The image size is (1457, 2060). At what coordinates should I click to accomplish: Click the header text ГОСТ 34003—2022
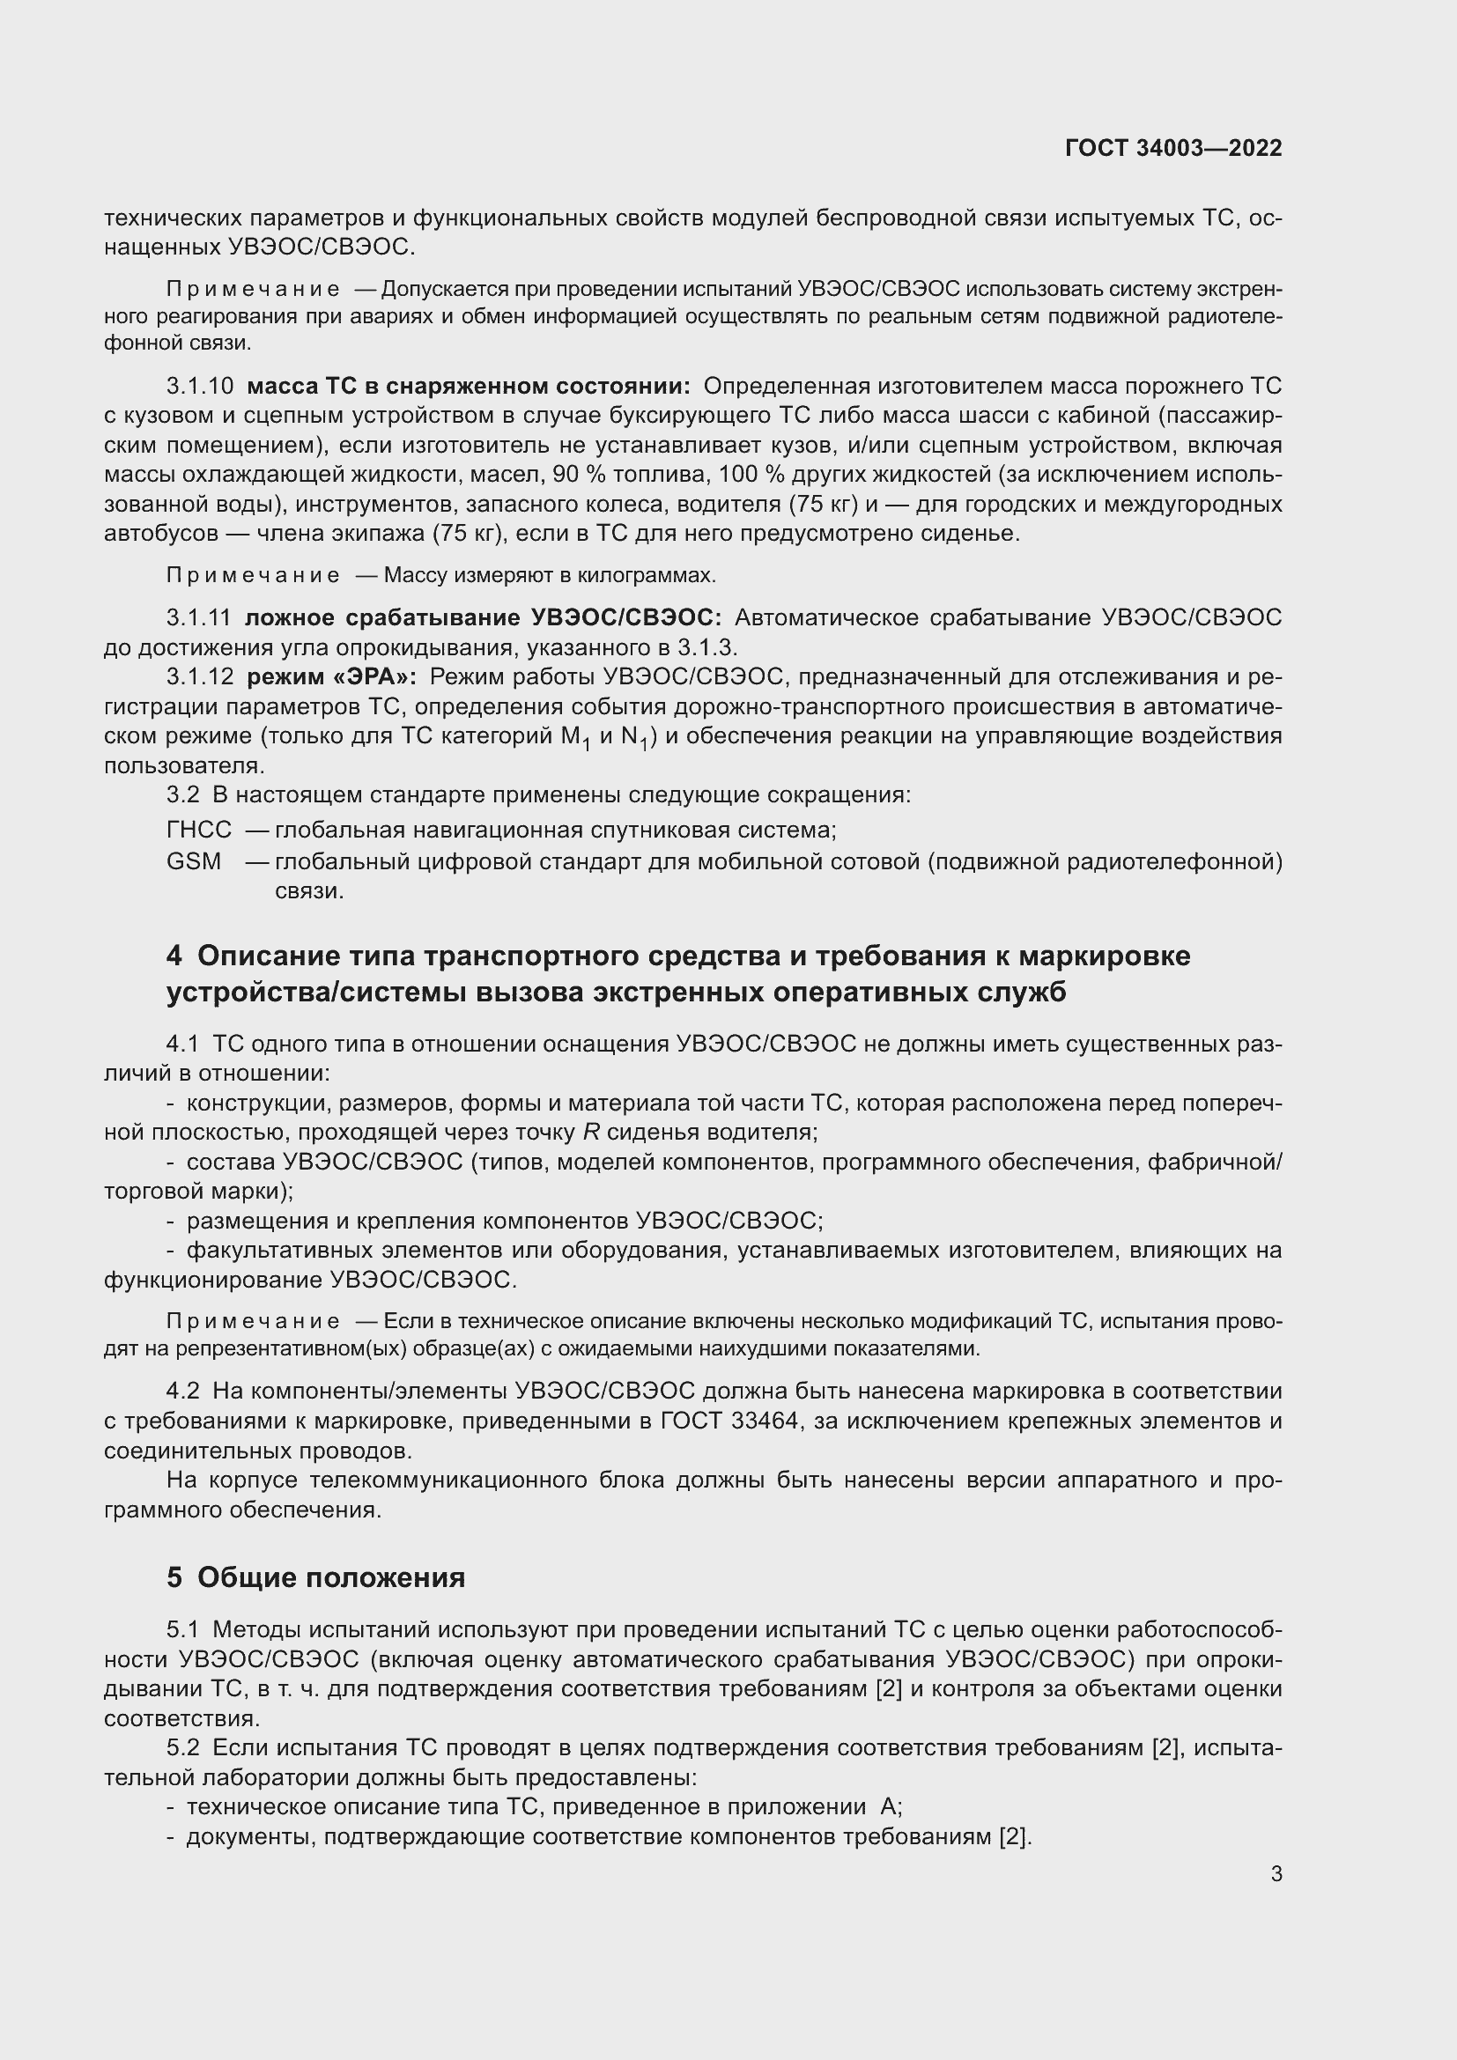(1173, 148)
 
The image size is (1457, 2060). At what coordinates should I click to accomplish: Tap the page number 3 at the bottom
(1276, 1873)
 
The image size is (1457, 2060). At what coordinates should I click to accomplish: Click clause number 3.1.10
(199, 387)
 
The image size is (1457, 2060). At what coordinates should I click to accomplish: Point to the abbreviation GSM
(194, 861)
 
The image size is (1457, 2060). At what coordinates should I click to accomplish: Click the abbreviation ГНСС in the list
(198, 830)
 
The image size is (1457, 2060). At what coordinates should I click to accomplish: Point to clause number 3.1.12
(199, 677)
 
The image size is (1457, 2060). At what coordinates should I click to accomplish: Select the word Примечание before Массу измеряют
(253, 575)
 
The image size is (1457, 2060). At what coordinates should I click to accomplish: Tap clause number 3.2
(182, 795)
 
